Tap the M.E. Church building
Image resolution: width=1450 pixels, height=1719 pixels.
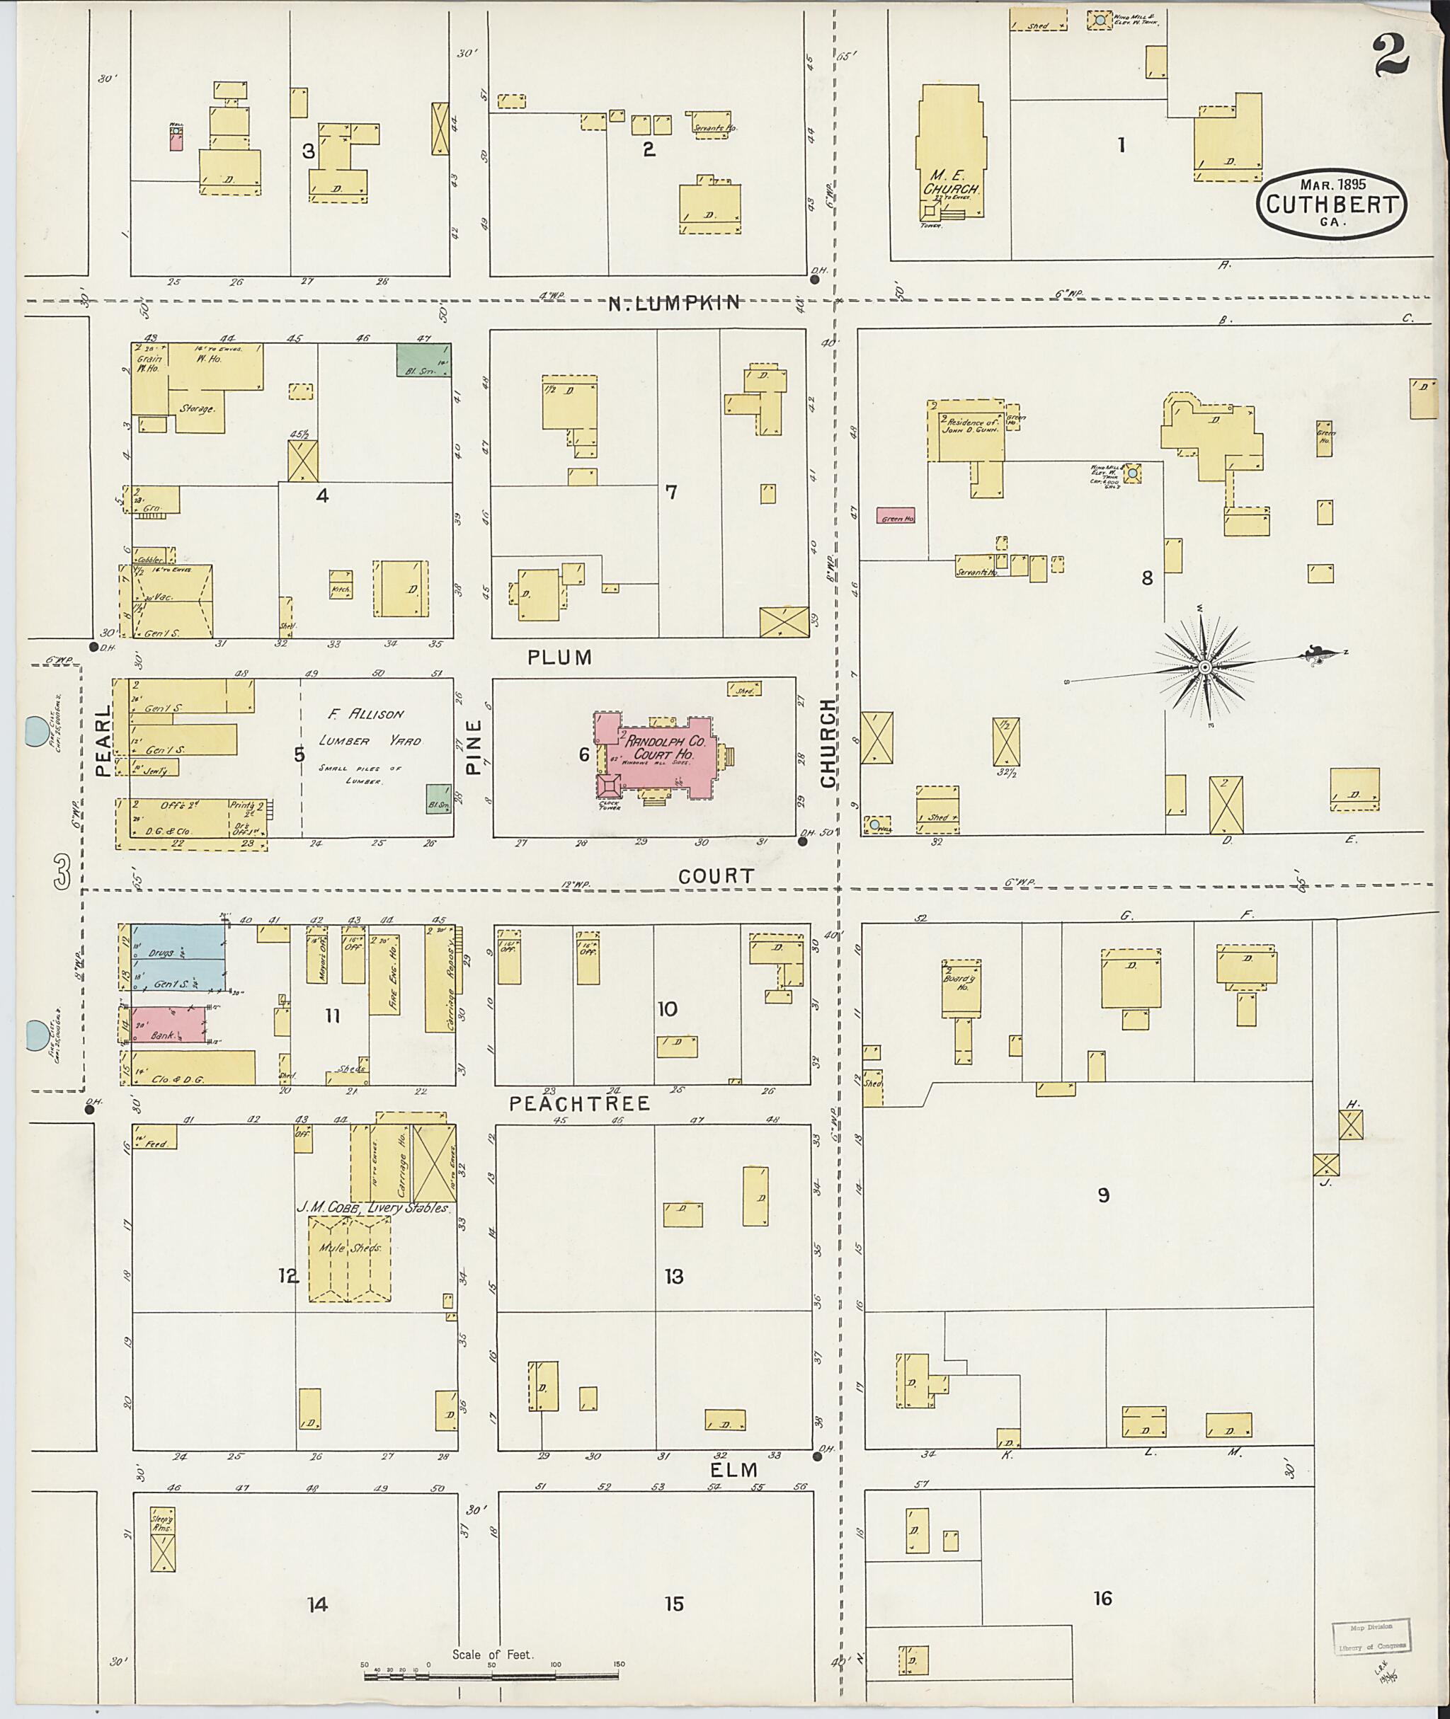click(x=950, y=156)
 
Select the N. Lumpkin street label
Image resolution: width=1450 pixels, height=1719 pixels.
click(x=674, y=303)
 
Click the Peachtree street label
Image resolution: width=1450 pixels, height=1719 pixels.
click(x=580, y=1103)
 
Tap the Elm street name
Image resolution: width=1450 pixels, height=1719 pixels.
click(x=734, y=1469)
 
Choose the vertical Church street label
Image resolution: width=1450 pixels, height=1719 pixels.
click(x=828, y=743)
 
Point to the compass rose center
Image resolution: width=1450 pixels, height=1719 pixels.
click(x=1204, y=667)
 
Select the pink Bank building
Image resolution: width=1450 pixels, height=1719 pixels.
click(x=168, y=1025)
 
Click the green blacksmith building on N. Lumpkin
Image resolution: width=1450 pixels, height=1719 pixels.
click(x=423, y=359)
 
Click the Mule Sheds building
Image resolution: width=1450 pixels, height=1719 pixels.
click(x=349, y=1259)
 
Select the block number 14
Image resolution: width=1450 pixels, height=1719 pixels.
click(x=318, y=1603)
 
